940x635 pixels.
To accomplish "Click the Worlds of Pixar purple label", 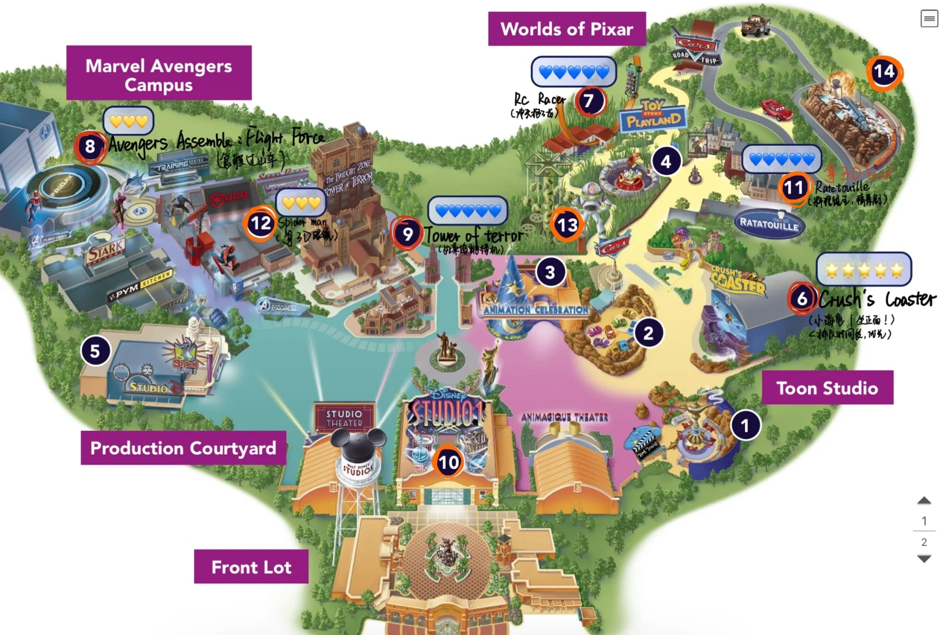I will coord(566,29).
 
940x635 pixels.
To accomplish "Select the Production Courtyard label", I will coord(183,448).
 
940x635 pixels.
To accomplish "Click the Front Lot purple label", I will coord(251,567).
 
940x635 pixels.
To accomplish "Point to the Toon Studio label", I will coord(826,388).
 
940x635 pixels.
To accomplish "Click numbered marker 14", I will coord(884,72).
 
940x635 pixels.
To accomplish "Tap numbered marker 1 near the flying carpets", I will coord(745,425).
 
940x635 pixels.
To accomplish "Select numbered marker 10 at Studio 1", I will coord(448,462).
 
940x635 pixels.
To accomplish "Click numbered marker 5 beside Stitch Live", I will coord(95,351).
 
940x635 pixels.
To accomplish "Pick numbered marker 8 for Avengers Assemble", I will coord(90,146).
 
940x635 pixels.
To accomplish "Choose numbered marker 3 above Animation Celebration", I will coord(550,272).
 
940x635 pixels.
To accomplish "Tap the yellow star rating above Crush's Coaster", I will coord(864,269).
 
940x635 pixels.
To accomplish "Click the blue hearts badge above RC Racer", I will coord(574,72).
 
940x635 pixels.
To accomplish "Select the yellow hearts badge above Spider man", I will coord(301,203).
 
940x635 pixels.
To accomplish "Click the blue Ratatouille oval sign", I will coord(769,223).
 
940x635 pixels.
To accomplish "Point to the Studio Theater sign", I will coord(344,418).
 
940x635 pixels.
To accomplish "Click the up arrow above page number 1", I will coord(924,501).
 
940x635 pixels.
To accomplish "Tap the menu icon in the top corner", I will coord(929,19).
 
